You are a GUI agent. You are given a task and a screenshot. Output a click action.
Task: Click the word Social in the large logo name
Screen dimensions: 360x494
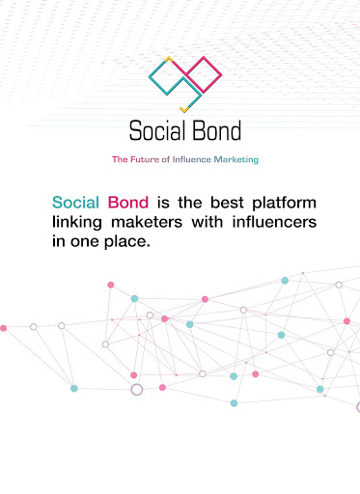pos(154,130)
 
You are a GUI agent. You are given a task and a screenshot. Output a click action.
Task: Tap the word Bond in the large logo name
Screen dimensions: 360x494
pos(213,130)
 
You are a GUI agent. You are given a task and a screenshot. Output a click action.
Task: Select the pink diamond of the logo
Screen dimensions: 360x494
pos(204,74)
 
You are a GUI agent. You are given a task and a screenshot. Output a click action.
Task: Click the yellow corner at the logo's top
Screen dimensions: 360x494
pos(169,59)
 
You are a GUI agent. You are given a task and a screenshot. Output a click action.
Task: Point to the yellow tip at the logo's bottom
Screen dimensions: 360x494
pos(183,109)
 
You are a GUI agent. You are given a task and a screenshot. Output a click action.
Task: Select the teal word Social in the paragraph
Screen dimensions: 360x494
pos(75,203)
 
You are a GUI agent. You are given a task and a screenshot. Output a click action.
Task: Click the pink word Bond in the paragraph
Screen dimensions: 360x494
pos(128,203)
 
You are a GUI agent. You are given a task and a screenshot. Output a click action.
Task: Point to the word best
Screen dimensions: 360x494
pos(227,203)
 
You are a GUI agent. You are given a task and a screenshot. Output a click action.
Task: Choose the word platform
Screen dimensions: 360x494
pos(285,204)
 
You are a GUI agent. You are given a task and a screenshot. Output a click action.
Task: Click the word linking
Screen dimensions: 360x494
pos(77,223)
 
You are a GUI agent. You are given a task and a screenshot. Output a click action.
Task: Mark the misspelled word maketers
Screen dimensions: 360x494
pos(147,222)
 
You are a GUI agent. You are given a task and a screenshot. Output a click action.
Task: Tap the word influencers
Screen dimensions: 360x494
pos(274,222)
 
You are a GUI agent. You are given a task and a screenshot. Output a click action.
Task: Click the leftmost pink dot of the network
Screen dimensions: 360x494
pos(3,328)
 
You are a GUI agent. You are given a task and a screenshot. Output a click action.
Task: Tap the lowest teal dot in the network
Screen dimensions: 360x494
pos(234,403)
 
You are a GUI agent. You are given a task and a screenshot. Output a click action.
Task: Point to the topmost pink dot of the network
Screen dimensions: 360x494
pos(111,285)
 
